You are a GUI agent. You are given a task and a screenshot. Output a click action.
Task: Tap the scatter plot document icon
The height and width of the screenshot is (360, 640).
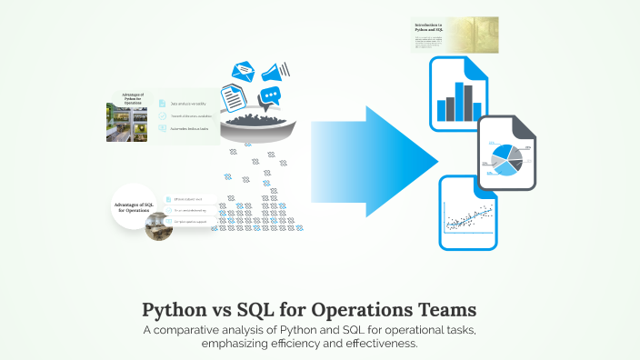(x=468, y=213)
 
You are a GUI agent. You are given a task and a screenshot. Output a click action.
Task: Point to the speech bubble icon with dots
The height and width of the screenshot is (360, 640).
(x=269, y=98)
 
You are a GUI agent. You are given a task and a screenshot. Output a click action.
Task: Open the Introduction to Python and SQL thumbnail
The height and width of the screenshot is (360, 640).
(x=454, y=35)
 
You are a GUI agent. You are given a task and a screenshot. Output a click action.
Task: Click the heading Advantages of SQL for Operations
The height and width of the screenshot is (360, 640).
(x=133, y=208)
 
